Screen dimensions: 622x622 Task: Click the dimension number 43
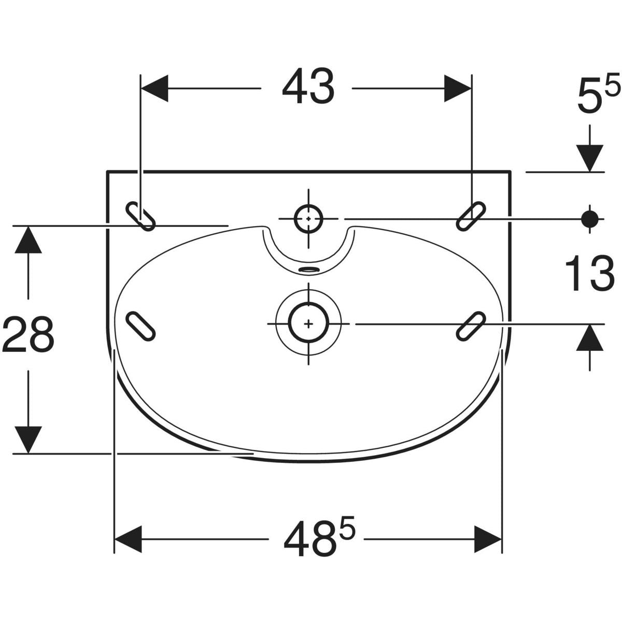click(x=308, y=86)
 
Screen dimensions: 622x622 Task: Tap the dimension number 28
click(x=28, y=334)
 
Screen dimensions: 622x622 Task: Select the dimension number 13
click(x=590, y=273)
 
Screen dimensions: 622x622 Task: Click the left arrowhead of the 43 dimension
click(x=154, y=88)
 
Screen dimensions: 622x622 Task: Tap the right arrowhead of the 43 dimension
click(x=458, y=88)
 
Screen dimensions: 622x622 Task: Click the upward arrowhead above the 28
click(x=29, y=240)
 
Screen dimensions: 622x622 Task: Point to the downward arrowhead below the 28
click(x=29, y=440)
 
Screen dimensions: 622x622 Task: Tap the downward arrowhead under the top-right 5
click(x=590, y=158)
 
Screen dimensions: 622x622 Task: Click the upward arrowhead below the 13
click(x=590, y=337)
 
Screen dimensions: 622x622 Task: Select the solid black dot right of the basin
click(x=590, y=219)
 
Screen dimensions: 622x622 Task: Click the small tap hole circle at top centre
click(x=308, y=219)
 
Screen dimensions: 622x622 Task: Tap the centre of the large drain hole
click(x=308, y=323)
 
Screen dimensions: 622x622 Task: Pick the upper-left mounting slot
click(x=140, y=216)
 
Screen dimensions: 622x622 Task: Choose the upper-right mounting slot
click(x=471, y=216)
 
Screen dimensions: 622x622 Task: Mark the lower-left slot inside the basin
click(x=140, y=326)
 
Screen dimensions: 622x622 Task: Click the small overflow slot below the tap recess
click(x=309, y=269)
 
